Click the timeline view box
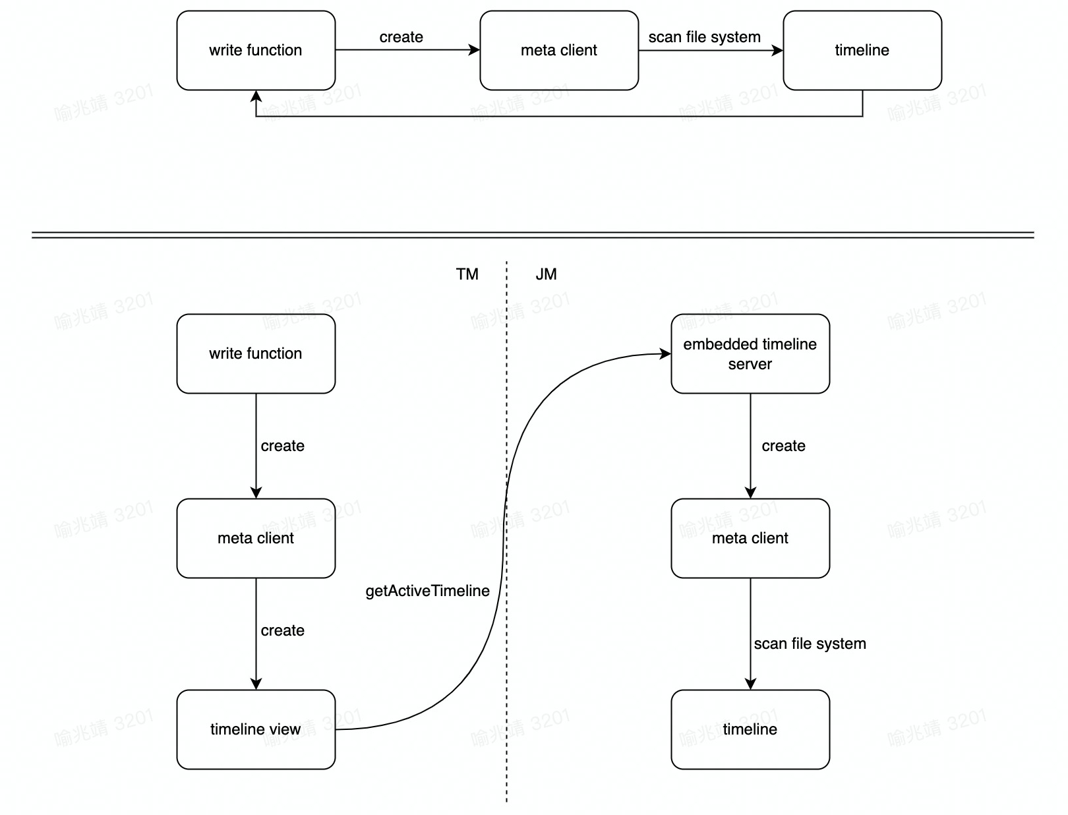pyautogui.click(x=256, y=729)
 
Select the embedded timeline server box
pyautogui.click(x=750, y=354)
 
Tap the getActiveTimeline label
pyautogui.click(x=427, y=591)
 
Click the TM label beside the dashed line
pyautogui.click(x=467, y=274)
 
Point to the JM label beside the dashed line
pyautogui.click(x=546, y=274)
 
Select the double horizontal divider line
pyautogui.click(x=533, y=235)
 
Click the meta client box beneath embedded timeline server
pyautogui.click(x=750, y=538)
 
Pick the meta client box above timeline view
pyautogui.click(x=256, y=538)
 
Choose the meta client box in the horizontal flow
pyautogui.click(x=559, y=50)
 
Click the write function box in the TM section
pyautogui.click(x=256, y=354)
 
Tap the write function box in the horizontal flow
pyautogui.click(x=256, y=50)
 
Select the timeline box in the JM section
pyautogui.click(x=750, y=729)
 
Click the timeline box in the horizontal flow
pyautogui.click(x=862, y=50)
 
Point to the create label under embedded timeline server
pyautogui.click(x=783, y=446)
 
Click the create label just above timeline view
pyautogui.click(x=282, y=630)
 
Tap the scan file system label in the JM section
pyautogui.click(x=810, y=644)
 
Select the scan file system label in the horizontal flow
pyautogui.click(x=704, y=37)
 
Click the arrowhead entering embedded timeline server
pyautogui.click(x=665, y=354)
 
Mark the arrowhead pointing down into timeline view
pyautogui.click(x=256, y=684)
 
